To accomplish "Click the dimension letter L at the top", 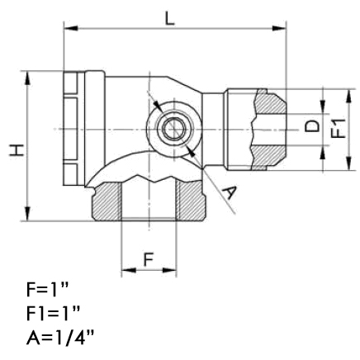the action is coord(170,19).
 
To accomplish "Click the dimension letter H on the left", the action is coord(17,150).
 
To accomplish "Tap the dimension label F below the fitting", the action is coord(149,260).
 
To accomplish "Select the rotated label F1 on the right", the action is coord(338,128).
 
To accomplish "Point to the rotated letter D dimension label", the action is coord(312,126).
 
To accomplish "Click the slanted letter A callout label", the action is coord(229,192).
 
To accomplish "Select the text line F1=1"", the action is coord(54,314).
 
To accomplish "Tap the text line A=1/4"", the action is coord(60,338).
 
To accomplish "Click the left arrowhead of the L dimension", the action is coord(71,28).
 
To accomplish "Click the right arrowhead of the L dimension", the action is coord(279,28).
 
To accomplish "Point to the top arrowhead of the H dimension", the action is coord(27,78).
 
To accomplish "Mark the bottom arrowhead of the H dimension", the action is coord(27,214).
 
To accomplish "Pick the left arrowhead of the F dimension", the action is coord(129,270).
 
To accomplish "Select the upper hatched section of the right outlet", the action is coord(270,102).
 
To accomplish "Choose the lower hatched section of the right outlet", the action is coord(268,157).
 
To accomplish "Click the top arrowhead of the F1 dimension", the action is coord(349,97).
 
